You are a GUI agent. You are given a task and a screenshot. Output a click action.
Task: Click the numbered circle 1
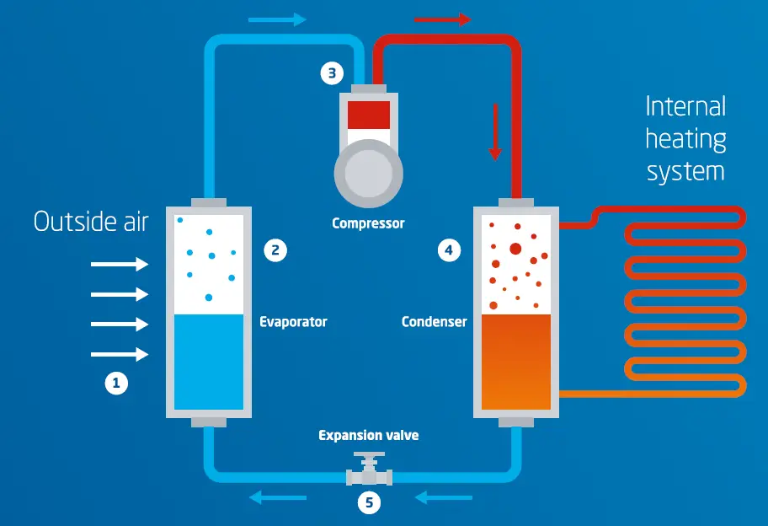point(115,384)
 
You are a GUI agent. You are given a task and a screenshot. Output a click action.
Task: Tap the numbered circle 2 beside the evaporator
point(275,250)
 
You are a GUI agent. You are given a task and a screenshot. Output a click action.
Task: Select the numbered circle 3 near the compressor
point(332,73)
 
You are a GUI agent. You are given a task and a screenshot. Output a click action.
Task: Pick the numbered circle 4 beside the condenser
point(450,250)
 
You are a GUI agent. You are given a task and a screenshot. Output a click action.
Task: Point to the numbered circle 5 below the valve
point(369,503)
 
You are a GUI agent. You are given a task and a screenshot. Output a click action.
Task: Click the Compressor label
point(368,223)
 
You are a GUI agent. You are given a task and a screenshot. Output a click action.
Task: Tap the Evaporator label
point(293,322)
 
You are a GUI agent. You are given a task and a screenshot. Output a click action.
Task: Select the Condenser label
point(434,322)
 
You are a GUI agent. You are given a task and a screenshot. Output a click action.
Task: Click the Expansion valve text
point(368,436)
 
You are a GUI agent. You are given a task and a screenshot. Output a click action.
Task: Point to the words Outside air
point(91,222)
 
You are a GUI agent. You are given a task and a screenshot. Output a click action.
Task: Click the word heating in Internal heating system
point(685,139)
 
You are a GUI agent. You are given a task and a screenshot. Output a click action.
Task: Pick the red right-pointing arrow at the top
point(442,19)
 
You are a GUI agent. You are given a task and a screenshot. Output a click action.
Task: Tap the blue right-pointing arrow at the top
point(277,19)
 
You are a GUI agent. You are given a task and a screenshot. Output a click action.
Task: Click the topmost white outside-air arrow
point(119,265)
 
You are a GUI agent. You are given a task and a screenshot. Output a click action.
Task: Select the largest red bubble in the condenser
point(515,248)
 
